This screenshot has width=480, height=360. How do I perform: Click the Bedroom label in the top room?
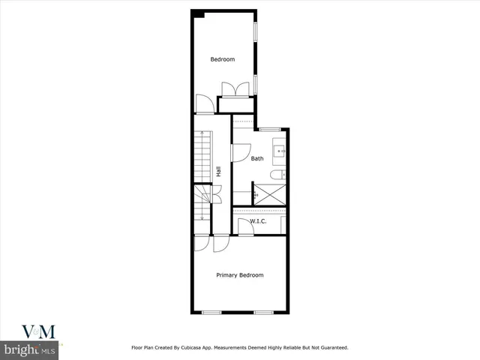222,59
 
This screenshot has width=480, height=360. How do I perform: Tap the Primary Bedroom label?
240,275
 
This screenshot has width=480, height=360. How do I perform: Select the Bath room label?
257,158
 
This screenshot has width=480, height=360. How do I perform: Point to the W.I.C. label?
259,221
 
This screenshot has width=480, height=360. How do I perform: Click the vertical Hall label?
218,172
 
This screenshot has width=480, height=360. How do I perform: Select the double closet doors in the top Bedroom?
236,88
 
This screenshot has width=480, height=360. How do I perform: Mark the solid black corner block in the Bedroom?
198,13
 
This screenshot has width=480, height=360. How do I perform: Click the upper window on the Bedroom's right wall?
255,32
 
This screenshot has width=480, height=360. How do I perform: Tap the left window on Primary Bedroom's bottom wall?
212,311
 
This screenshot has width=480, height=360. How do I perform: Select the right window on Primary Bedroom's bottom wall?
262,311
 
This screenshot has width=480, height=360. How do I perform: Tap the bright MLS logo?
30,350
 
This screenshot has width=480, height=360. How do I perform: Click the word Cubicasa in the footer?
194,347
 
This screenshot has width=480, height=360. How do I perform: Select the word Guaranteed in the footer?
331,347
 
